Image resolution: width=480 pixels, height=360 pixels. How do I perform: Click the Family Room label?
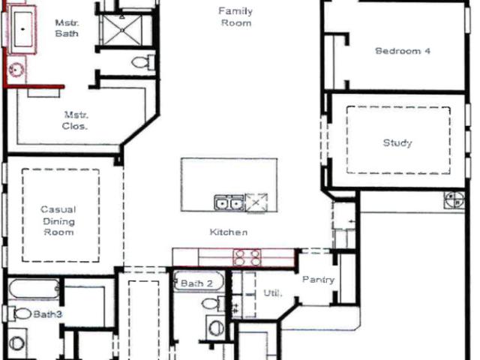click(x=235, y=17)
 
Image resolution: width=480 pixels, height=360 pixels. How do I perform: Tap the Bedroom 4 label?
click(x=403, y=51)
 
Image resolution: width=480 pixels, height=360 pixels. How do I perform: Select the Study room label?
click(x=397, y=143)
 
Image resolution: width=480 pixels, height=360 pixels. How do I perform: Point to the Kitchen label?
click(x=229, y=232)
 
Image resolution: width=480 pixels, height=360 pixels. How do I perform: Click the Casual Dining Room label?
click(x=58, y=220)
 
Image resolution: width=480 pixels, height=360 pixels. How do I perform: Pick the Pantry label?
click(x=318, y=280)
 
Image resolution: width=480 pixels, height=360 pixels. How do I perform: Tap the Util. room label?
click(x=273, y=293)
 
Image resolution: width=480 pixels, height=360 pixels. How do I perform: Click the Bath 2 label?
click(x=196, y=283)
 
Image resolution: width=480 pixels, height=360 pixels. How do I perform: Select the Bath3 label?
click(x=47, y=314)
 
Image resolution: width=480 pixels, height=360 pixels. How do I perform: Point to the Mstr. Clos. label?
click(x=75, y=121)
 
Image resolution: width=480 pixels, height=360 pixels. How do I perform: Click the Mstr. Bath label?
click(x=67, y=28)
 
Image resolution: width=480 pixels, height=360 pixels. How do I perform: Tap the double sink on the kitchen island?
click(x=229, y=202)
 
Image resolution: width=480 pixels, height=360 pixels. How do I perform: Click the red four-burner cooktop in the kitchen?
click(x=247, y=257)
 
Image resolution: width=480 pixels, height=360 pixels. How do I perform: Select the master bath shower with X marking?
click(x=122, y=30)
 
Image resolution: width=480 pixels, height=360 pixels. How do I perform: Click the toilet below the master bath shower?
click(x=143, y=63)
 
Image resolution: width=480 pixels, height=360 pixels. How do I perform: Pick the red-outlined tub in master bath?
click(x=22, y=29)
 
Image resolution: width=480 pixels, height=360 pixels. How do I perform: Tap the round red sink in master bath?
click(x=16, y=70)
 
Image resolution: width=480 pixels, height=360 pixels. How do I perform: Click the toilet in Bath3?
click(x=19, y=313)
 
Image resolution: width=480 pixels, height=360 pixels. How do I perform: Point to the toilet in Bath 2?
click(x=214, y=304)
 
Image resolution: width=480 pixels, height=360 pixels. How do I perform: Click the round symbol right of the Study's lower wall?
click(x=454, y=200)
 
